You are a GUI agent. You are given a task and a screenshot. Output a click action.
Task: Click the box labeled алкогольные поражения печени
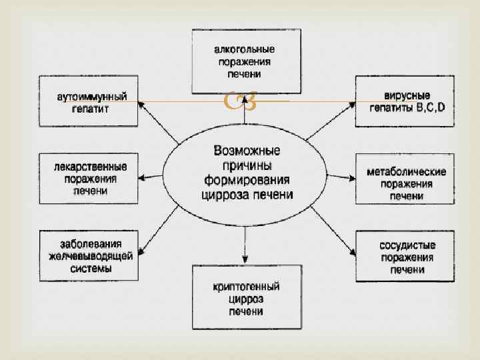tap(244, 61)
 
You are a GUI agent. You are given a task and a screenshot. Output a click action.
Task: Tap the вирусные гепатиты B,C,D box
tap(405, 101)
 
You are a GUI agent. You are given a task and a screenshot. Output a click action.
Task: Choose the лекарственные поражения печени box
tap(88, 179)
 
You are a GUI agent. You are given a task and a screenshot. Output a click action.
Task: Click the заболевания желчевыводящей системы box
tap(88, 255)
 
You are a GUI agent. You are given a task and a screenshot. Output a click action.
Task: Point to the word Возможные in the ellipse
tap(247, 150)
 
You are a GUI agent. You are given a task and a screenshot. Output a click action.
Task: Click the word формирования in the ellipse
tap(247, 180)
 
